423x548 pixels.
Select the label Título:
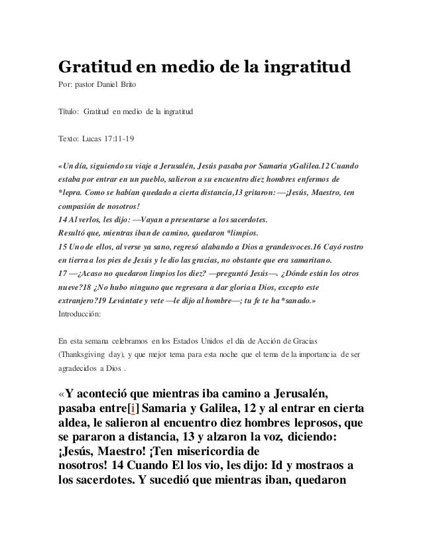click(x=69, y=114)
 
